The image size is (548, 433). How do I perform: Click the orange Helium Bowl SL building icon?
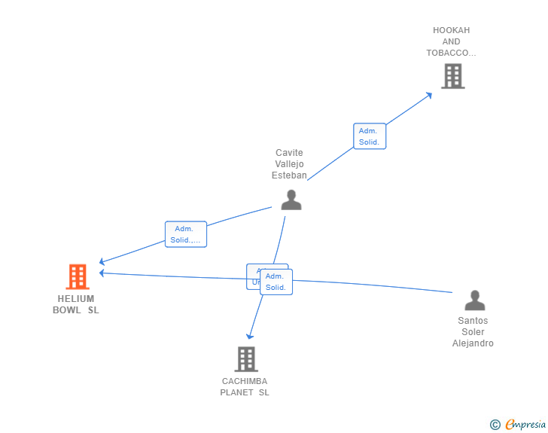click(77, 277)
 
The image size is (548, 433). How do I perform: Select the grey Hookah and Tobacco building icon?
click(452, 76)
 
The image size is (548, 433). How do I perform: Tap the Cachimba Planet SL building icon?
click(246, 359)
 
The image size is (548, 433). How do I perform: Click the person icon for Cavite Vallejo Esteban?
click(291, 200)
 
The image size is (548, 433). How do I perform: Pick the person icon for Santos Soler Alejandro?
click(474, 300)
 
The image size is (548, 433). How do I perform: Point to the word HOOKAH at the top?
click(451, 30)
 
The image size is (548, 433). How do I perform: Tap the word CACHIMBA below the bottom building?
click(245, 381)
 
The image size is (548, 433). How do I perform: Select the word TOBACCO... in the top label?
click(451, 53)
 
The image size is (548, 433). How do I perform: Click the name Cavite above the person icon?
click(289, 153)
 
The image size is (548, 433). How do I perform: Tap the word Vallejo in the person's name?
click(289, 164)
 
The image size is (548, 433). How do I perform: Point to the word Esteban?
click(289, 175)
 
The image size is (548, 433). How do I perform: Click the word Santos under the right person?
click(473, 321)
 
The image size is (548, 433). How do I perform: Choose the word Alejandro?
click(473, 343)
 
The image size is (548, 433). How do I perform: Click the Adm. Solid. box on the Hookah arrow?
click(370, 136)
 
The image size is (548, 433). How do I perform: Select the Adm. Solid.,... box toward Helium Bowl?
click(185, 234)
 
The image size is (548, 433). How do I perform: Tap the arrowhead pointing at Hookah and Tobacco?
click(429, 95)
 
